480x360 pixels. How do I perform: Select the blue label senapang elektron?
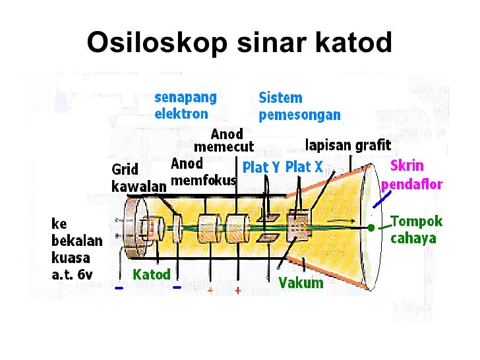tap(185, 105)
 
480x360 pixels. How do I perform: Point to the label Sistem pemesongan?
tap(299, 106)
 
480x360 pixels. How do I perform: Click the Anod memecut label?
tap(224, 140)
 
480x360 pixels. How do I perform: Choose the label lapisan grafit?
tap(348, 144)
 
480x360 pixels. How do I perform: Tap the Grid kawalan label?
tap(138, 178)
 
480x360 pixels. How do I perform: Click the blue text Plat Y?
tap(262, 167)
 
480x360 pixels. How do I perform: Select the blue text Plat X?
tap(304, 167)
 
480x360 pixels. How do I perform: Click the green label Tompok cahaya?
tap(416, 229)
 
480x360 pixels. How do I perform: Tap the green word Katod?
tap(152, 274)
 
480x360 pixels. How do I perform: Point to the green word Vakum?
tap(301, 283)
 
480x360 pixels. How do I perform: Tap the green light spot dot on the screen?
tap(371, 227)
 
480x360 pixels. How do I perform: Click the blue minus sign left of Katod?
tap(119, 288)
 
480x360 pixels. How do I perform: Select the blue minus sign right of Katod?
tap(176, 287)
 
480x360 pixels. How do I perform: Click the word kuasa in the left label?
tap(72, 256)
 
